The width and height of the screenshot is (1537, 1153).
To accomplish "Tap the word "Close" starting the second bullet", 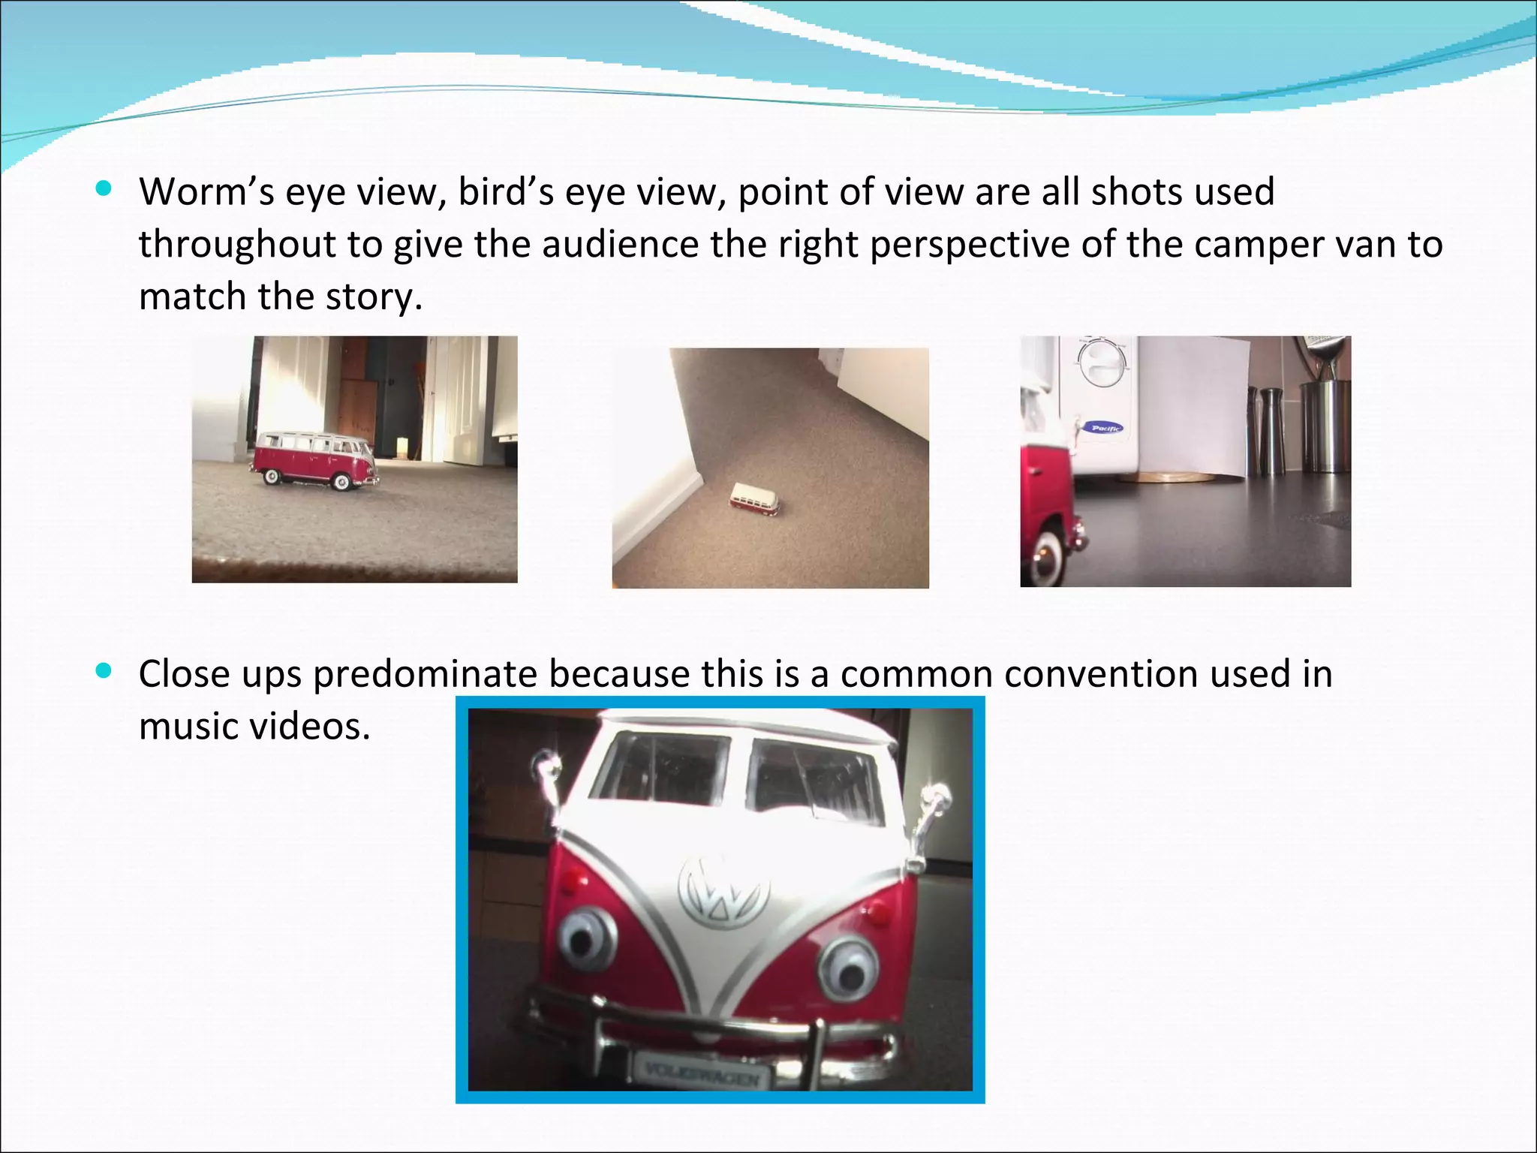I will click(185, 674).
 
